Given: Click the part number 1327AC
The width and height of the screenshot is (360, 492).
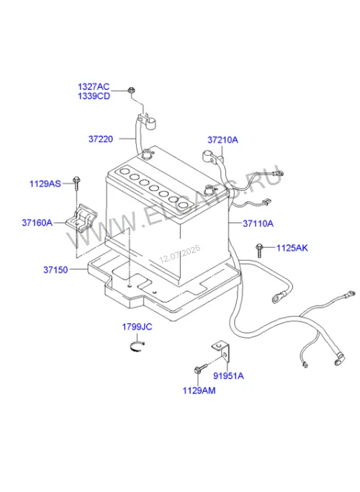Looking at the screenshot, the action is [94, 86].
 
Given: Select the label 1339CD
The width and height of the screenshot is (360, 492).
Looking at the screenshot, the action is [94, 96].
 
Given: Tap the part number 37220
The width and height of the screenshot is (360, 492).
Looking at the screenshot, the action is [101, 139].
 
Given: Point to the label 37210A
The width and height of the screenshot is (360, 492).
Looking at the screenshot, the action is [222, 140].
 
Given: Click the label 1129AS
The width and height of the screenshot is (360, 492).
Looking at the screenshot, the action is [45, 183].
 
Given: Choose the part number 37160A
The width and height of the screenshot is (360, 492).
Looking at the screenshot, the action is [37, 223].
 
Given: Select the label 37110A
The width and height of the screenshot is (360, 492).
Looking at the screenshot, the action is [258, 223].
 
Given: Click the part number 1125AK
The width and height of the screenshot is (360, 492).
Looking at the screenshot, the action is [292, 249].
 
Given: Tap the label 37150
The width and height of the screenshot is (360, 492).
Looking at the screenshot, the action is [55, 269].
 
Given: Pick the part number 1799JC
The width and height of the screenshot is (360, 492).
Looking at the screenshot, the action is [137, 327].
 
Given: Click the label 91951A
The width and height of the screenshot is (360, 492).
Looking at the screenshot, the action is [228, 375].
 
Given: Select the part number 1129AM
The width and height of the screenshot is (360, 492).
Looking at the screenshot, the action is [199, 390].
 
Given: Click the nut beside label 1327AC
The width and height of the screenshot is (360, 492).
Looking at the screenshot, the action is [131, 90].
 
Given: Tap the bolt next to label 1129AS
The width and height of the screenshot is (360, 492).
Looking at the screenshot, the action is [76, 183].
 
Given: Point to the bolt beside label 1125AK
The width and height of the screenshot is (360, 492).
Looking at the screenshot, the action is [258, 251].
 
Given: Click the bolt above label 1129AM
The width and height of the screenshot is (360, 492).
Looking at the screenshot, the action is [201, 368].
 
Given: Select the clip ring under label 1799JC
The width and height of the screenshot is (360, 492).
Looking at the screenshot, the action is [138, 346].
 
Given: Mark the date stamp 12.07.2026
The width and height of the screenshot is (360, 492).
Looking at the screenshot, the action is [179, 254].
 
